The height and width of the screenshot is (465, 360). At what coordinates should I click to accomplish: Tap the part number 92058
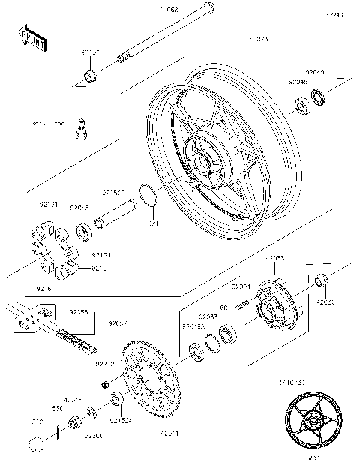[x=78, y=312]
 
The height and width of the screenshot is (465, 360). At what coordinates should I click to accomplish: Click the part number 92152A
[x=121, y=421]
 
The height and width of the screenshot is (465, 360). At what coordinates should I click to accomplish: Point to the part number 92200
[x=94, y=435]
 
